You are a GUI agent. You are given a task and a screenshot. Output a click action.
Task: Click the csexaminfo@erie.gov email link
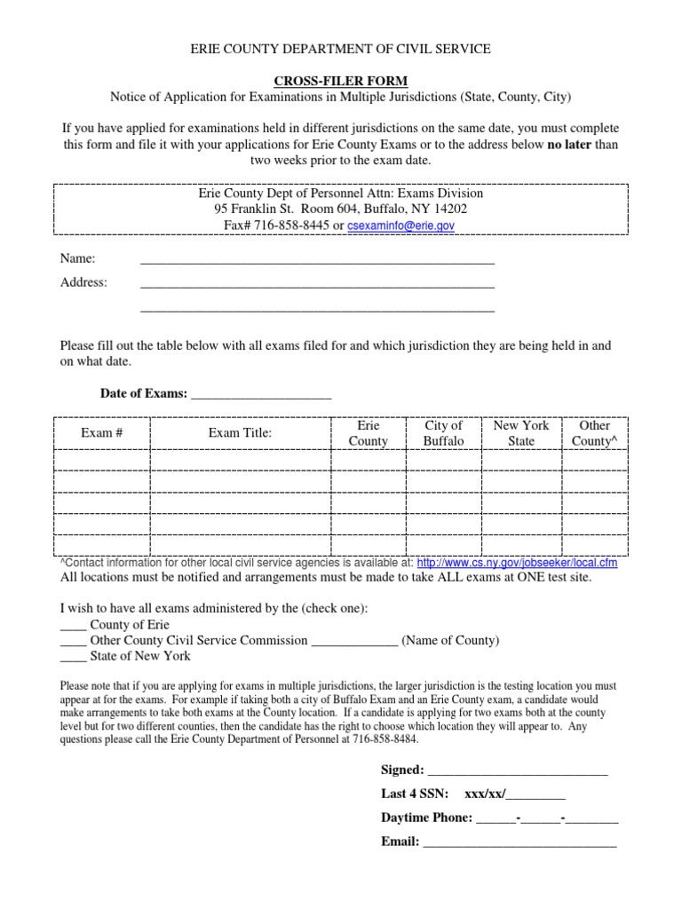[400, 226]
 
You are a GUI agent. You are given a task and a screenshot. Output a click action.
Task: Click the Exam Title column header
[240, 432]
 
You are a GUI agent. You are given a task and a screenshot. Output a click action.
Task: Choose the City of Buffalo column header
[443, 433]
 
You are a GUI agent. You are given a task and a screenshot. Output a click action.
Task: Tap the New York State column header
[520, 433]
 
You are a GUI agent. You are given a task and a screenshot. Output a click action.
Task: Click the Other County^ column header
[594, 433]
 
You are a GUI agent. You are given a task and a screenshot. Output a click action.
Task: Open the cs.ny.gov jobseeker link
[516, 563]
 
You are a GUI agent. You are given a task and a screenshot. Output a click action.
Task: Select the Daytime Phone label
[426, 818]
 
